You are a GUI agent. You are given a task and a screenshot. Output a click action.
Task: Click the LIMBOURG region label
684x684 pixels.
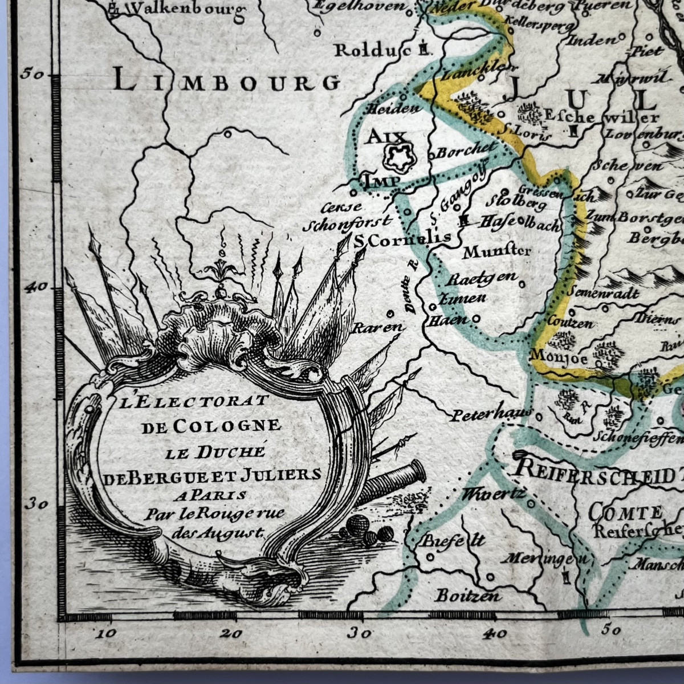point(226,81)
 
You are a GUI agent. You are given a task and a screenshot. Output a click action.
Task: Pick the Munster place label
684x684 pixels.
point(497,250)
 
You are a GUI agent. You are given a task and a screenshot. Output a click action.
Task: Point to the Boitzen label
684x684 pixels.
point(468,596)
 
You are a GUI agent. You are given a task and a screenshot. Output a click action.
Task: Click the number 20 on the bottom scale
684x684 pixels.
point(234,633)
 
